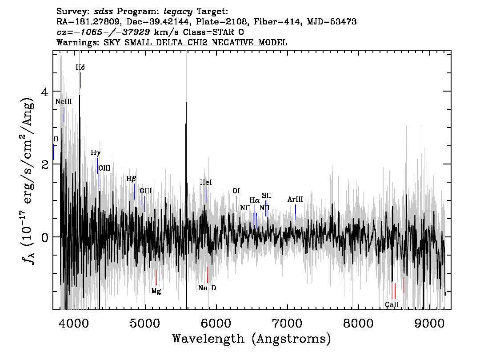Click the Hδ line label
(x=80, y=68)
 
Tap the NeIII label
(x=63, y=102)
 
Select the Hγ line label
(x=96, y=153)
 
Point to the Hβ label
(x=131, y=179)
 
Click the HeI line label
(x=206, y=183)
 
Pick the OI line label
(x=236, y=191)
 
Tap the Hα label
(x=255, y=201)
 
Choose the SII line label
(x=267, y=196)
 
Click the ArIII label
(x=295, y=199)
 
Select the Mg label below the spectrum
(x=156, y=291)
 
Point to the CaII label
(x=392, y=304)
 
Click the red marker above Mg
(x=156, y=277)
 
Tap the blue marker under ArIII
(x=296, y=212)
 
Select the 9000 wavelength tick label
(x=429, y=324)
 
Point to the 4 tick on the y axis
(x=45, y=92)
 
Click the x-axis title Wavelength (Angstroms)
(x=252, y=339)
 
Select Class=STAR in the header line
(x=208, y=32)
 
